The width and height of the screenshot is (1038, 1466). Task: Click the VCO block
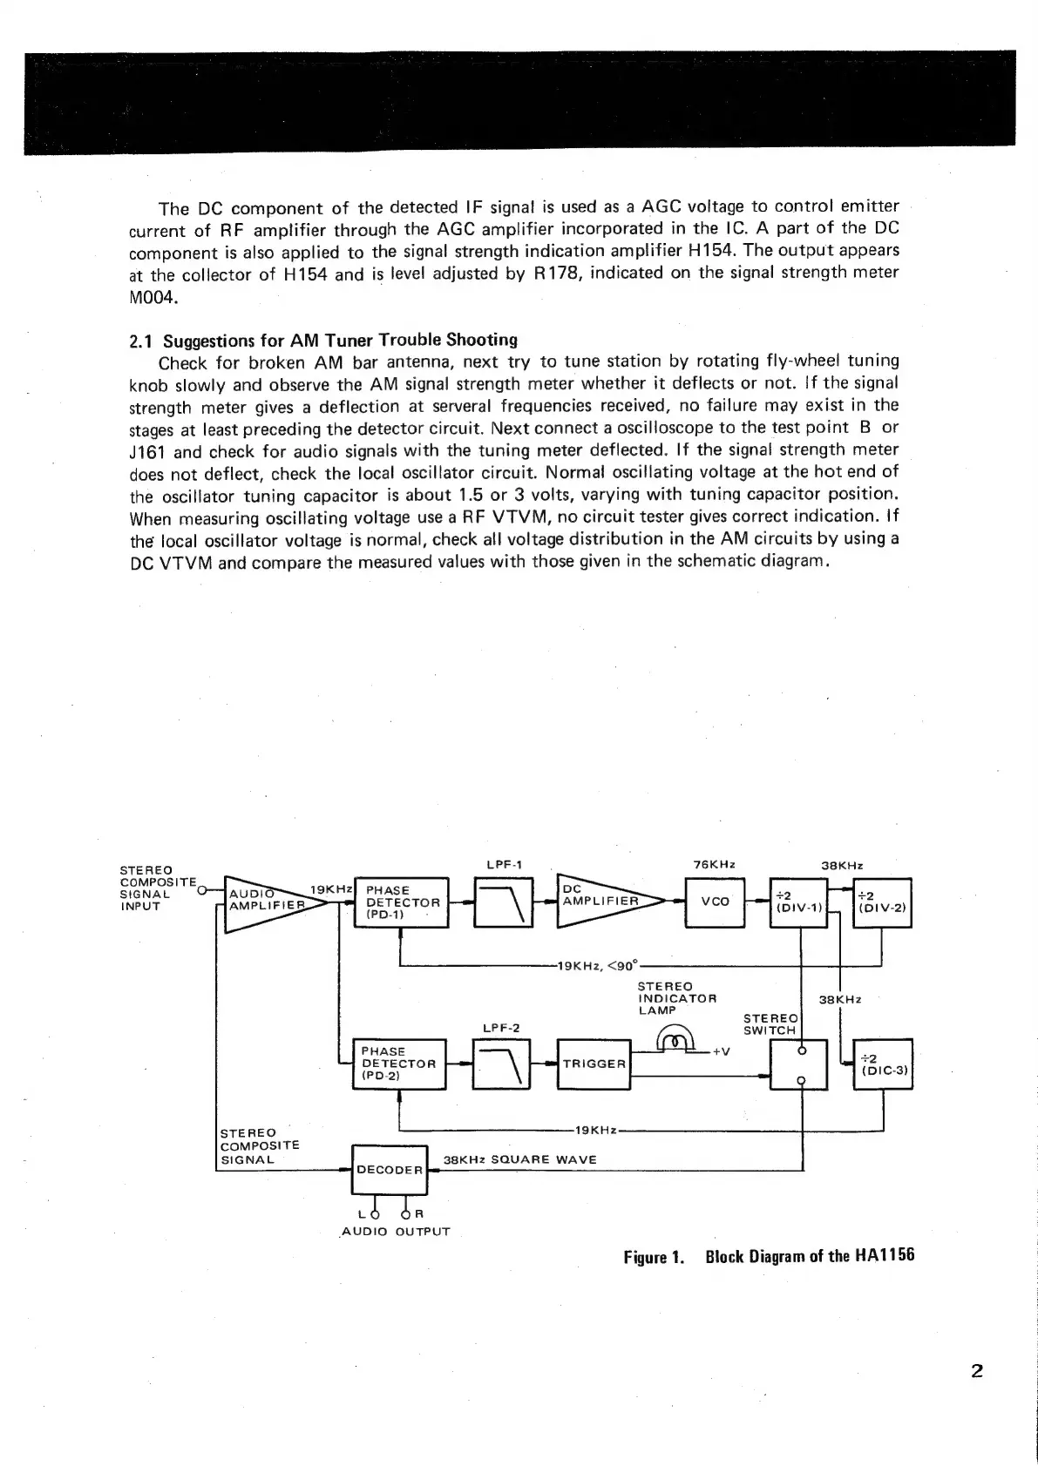click(x=715, y=902)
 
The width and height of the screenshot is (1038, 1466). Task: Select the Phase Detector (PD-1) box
click(x=401, y=902)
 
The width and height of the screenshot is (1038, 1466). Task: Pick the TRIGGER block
click(x=593, y=1064)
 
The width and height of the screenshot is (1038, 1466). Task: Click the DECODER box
click(x=389, y=1169)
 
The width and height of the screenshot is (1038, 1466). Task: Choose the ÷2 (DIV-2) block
click(x=882, y=902)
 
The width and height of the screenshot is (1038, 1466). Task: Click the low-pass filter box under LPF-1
click(x=503, y=902)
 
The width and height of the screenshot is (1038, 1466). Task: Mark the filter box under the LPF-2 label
click(x=501, y=1064)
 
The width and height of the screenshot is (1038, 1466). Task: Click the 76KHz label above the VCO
click(x=714, y=865)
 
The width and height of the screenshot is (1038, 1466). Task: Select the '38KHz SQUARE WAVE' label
click(x=520, y=1159)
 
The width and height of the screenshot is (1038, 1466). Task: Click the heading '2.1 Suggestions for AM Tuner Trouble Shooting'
click(x=322, y=340)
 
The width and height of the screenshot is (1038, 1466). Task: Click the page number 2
click(x=976, y=1371)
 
